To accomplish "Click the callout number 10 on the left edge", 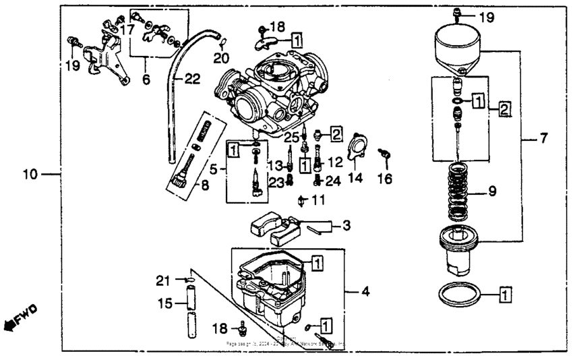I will coord(30,175).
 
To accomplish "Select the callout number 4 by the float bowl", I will coord(365,292).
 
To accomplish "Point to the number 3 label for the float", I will coord(346,225).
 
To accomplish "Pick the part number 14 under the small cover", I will coord(355,178).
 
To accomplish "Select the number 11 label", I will coord(318,200).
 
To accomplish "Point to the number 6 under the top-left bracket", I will coord(146,79).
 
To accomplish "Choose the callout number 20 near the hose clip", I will coord(222,59).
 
